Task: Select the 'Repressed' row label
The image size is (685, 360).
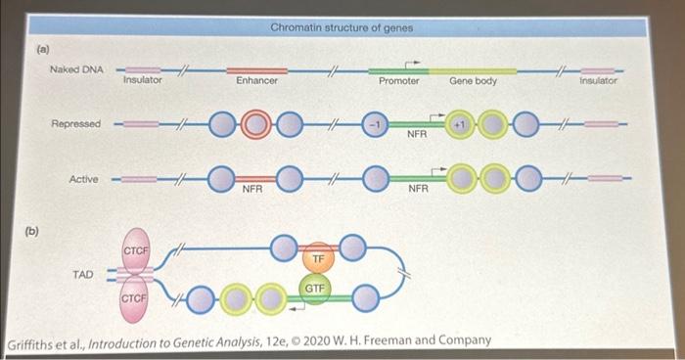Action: pos(75,125)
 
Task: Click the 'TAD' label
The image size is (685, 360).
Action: pos(83,275)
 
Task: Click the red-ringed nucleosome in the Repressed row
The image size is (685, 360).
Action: pos(258,125)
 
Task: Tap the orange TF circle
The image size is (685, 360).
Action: pos(318,258)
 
